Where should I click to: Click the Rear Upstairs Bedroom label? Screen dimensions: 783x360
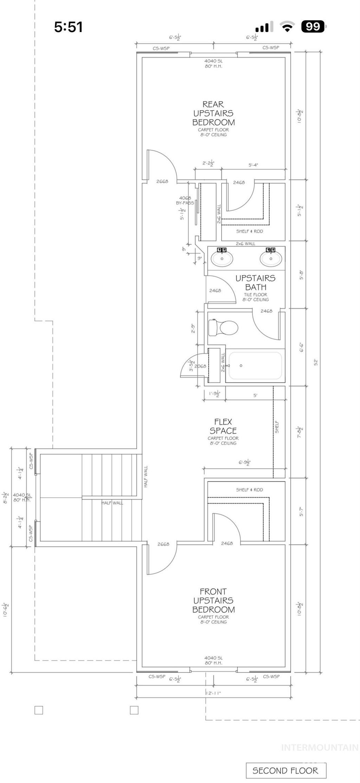(213, 113)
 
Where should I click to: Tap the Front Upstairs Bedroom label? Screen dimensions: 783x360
(213, 600)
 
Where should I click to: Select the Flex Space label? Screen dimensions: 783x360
(223, 426)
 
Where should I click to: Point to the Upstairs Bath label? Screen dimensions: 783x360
(256, 282)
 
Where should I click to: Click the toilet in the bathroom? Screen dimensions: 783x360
(224, 327)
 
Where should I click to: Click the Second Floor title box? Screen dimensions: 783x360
(286, 771)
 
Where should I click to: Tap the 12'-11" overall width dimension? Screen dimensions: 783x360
(213, 693)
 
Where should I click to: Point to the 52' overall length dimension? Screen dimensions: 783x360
(316, 362)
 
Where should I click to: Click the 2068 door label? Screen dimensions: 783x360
(200, 366)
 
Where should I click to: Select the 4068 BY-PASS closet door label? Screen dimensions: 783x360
(185, 200)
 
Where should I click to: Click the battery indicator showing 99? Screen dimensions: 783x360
(314, 27)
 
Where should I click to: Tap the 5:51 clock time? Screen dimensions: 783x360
(68, 27)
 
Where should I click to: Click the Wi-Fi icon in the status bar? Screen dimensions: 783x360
(287, 27)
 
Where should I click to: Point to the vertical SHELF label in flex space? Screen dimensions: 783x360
(277, 427)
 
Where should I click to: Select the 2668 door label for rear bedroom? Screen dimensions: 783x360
(162, 182)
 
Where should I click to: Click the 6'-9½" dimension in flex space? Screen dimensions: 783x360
(244, 462)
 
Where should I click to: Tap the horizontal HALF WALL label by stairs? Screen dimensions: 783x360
(112, 503)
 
